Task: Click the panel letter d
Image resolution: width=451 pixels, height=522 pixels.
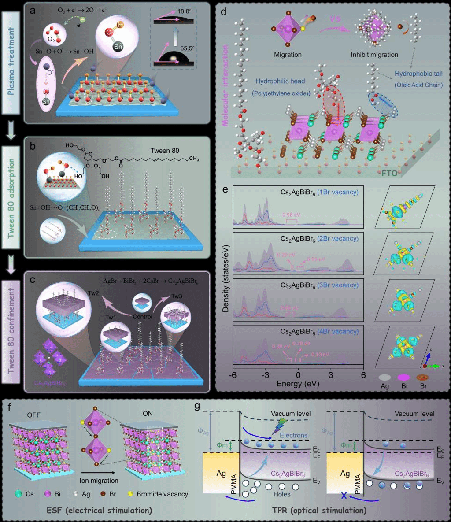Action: click(224, 11)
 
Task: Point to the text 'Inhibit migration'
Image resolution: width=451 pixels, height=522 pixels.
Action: click(374, 55)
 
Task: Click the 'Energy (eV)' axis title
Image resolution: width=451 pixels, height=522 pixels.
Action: click(297, 384)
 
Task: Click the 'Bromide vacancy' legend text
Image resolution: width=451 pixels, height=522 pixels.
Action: click(163, 494)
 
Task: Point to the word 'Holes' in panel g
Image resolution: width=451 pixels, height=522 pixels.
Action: click(282, 494)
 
